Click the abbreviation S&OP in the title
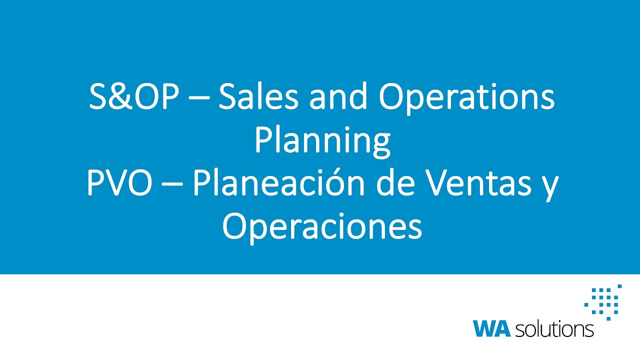133,97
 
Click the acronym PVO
119,184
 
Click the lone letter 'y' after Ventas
550,187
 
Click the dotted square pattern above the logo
603,301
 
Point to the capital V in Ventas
439,184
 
